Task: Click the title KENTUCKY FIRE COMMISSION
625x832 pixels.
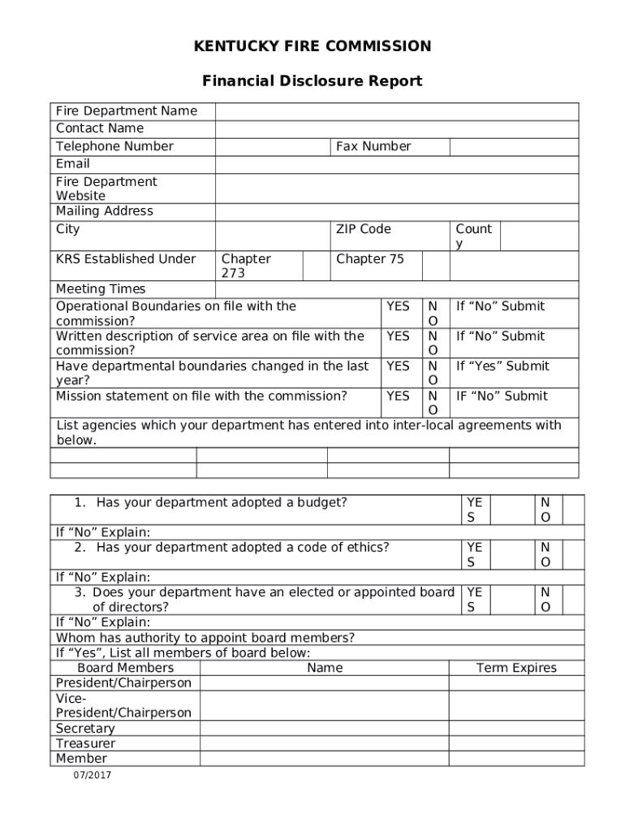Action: click(312, 46)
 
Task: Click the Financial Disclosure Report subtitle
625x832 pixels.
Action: click(312, 81)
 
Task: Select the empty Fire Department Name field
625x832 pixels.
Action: click(396, 111)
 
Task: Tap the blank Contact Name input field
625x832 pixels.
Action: click(396, 129)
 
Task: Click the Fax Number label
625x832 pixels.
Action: click(373, 146)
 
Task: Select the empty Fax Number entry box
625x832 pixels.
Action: click(514, 146)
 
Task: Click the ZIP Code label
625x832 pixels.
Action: click(363, 229)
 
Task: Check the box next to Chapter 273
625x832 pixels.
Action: click(314, 266)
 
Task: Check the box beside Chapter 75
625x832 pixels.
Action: click(436, 266)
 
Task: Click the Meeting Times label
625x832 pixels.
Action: click(101, 289)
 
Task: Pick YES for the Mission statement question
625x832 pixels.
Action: click(398, 396)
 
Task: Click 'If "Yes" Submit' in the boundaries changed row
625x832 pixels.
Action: click(502, 366)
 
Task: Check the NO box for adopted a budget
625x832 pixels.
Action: click(573, 509)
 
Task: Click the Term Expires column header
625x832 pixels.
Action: click(516, 668)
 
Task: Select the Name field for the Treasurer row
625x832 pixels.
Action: click(324, 743)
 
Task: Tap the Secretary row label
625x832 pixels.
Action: click(85, 729)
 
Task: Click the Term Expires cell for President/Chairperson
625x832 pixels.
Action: click(516, 683)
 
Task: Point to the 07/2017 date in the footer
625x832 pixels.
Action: click(91, 775)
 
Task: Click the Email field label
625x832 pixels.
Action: click(73, 164)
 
